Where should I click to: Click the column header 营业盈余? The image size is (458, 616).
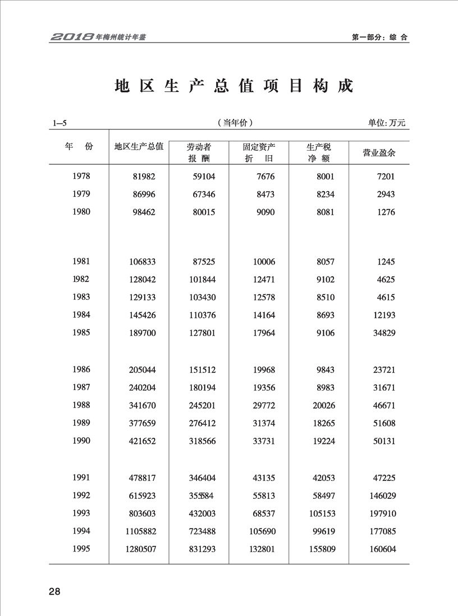coord(379,152)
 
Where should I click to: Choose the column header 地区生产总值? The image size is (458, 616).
coord(139,147)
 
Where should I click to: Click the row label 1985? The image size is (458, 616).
coord(82,333)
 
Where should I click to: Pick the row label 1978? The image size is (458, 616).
coord(82,176)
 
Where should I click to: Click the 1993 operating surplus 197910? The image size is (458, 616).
coord(382,513)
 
